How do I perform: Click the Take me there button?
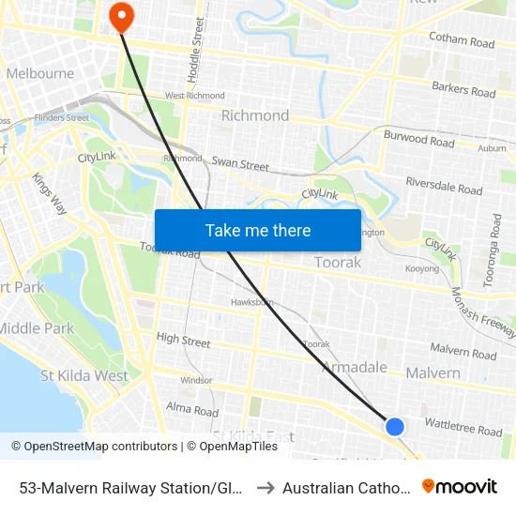[x=258, y=230]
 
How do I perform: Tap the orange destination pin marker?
[x=122, y=16]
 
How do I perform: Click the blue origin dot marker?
[x=395, y=427]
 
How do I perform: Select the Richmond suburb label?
[x=254, y=115]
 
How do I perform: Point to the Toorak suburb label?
[x=338, y=263]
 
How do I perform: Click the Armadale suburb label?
[x=355, y=367]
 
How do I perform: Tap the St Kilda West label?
[x=84, y=376]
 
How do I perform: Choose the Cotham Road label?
[x=461, y=42]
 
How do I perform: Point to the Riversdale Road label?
[x=444, y=185]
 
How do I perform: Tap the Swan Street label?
[x=240, y=164]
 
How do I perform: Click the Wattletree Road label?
[x=463, y=430]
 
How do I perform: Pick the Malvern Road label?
[x=463, y=354]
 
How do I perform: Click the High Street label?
[x=184, y=339]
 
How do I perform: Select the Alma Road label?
[x=191, y=411]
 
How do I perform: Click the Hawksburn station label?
[x=252, y=302]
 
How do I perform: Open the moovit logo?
[x=460, y=486]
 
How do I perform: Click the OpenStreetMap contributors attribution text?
[x=95, y=447]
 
